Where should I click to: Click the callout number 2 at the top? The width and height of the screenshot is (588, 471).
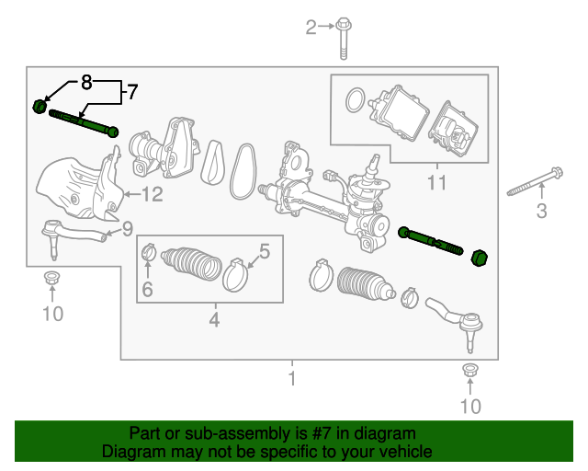tap(311, 27)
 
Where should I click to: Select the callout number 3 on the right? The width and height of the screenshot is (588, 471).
tap(541, 213)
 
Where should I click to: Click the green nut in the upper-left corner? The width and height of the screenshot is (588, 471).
tap(40, 106)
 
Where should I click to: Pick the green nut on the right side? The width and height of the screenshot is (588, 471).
tap(478, 256)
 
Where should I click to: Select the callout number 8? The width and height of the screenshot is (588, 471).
tap(86, 83)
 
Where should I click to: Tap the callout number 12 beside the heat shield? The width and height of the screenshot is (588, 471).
tap(153, 194)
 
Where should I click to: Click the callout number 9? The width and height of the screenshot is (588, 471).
tap(128, 228)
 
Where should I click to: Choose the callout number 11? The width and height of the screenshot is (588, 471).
tap(436, 182)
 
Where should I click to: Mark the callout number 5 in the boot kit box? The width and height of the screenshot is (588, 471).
tap(264, 249)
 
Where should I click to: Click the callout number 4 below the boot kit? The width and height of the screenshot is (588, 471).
tap(214, 320)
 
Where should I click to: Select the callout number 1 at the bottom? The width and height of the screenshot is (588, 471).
tap(292, 378)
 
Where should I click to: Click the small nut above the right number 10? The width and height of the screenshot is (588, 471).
tap(469, 372)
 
